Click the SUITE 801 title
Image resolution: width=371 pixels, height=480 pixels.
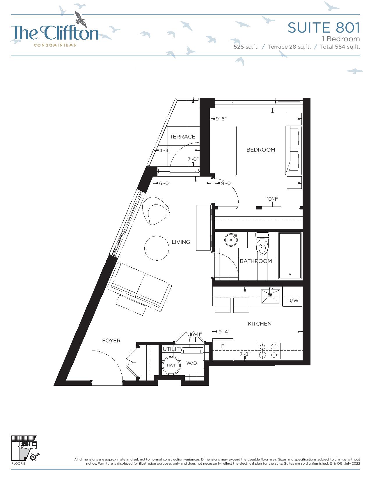324,28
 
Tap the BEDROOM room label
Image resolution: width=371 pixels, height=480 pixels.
261,150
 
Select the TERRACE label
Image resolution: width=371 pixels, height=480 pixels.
182,137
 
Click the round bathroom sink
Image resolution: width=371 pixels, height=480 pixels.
231,240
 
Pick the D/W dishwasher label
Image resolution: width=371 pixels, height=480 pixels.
293,301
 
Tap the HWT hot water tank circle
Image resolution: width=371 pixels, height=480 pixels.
171,365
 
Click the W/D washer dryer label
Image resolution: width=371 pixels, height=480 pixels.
191,363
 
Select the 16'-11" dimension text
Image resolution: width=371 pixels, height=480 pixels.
196,334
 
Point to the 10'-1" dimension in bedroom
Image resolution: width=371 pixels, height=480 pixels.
272,199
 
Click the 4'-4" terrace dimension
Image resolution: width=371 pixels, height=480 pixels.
165,150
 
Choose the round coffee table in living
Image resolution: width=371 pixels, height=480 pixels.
157,248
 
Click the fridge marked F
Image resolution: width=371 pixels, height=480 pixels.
223,349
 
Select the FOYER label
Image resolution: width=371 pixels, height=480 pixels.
111,341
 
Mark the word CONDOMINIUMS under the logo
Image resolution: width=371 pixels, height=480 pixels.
55,45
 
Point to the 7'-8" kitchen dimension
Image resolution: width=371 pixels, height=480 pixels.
245,354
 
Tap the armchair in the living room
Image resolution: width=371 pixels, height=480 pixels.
156,211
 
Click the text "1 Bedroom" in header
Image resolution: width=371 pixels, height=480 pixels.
341,39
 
